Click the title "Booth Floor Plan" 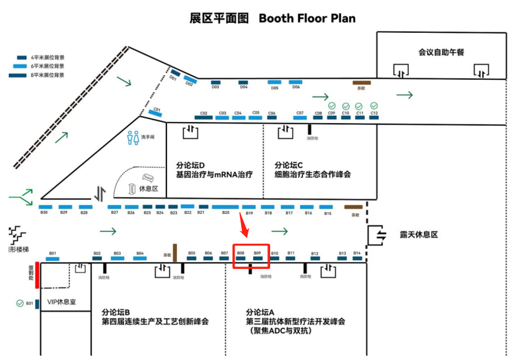pyautogui.click(x=307, y=18)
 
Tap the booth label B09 pyautogui.click(x=258, y=253)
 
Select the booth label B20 pyautogui.click(x=225, y=213)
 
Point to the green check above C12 pyautogui.click(x=374, y=105)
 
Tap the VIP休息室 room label pyautogui.click(x=61, y=302)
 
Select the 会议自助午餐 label pyautogui.click(x=441, y=52)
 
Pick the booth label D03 pyautogui.click(x=216, y=87)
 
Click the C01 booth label pyautogui.click(x=157, y=109)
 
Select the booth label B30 pyautogui.click(x=44, y=212)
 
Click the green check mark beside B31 pyautogui.click(x=20, y=303)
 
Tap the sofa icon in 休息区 pyautogui.click(x=147, y=178)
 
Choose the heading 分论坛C pyautogui.click(x=289, y=164)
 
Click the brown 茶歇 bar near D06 pyautogui.click(x=361, y=83)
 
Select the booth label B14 pyautogui.click(x=357, y=253)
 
